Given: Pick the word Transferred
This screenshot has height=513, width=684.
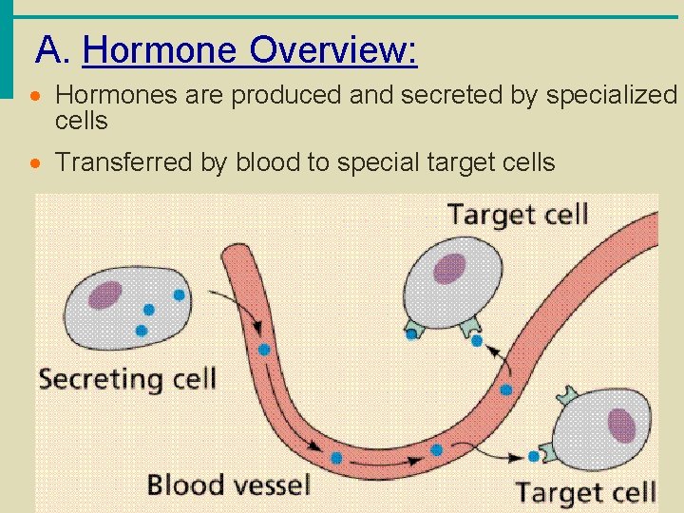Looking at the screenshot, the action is point(124,162).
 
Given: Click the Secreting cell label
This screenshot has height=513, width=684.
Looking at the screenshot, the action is point(127,380).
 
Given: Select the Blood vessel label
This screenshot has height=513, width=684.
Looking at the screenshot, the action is point(228,484).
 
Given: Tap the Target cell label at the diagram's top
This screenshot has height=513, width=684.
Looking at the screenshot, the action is point(518,214).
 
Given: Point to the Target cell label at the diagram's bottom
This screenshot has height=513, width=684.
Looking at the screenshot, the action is point(585,492).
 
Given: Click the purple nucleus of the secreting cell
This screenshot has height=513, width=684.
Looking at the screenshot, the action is point(104,295).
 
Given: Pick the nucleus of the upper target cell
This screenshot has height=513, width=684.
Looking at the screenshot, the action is point(449,269).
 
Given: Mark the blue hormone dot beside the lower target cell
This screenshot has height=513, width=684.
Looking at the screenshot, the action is point(534,456).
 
